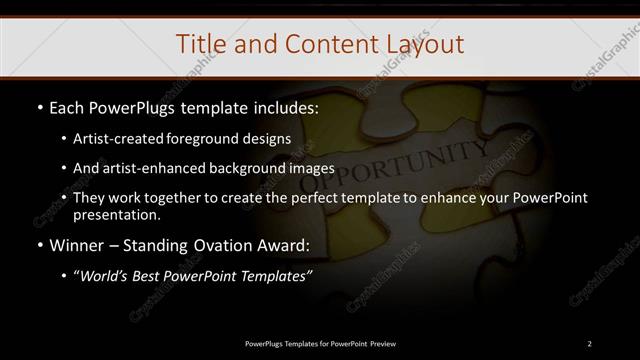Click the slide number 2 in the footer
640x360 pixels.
click(590, 344)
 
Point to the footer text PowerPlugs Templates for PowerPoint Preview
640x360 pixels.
click(319, 344)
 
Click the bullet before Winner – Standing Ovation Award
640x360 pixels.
click(38, 245)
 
